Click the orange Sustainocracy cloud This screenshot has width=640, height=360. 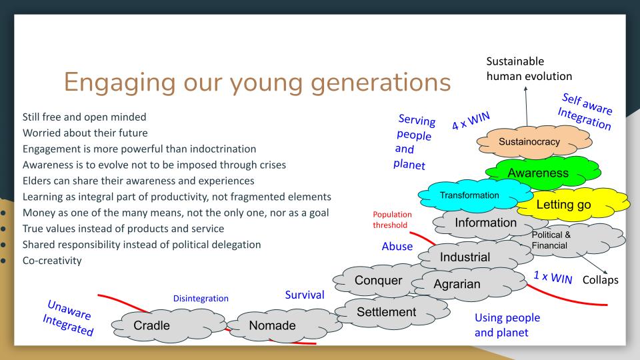pyautogui.click(x=534, y=141)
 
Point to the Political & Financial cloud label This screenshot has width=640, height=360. pyautogui.click(x=551, y=240)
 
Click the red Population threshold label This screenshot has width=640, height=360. pyautogui.click(x=392, y=219)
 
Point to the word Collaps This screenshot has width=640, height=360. pyautogui.click(x=600, y=280)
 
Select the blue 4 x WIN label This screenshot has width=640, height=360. pyautogui.click(x=471, y=121)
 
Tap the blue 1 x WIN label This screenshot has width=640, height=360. pyautogui.click(x=553, y=277)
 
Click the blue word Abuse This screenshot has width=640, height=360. pyautogui.click(x=397, y=247)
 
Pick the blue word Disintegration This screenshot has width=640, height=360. pyautogui.click(x=201, y=299)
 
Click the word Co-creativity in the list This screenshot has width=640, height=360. pyautogui.click(x=52, y=261)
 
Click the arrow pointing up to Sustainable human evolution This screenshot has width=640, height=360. pyautogui.click(x=526, y=106)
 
